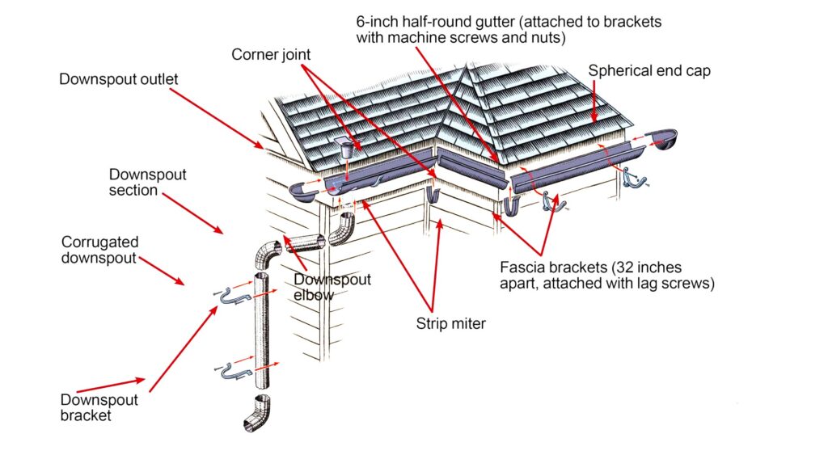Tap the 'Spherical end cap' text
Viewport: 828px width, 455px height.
coord(649,70)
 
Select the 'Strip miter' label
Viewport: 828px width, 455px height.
coord(450,324)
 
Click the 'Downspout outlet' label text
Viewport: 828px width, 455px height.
coord(118,80)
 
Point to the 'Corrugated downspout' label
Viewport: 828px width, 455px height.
coord(100,250)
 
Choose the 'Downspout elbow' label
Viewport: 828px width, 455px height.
coord(332,288)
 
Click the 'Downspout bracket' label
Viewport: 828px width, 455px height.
coord(99,407)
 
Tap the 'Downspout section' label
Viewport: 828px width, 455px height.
coord(147,182)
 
